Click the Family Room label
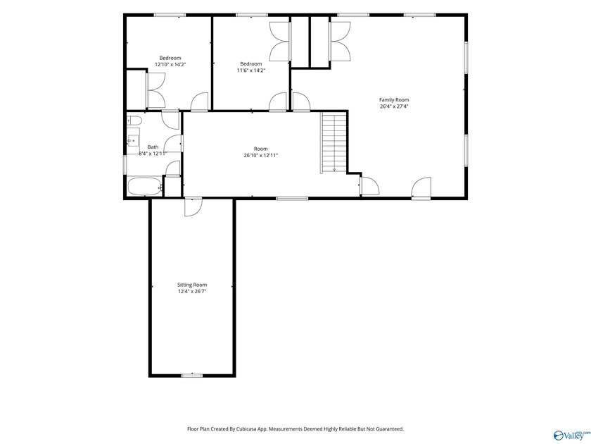click(394, 99)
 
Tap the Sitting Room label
click(192, 285)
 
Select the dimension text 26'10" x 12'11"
click(261, 155)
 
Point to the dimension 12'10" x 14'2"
click(170, 65)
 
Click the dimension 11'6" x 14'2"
click(251, 70)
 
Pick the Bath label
click(153, 147)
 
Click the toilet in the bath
click(134, 121)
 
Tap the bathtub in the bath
click(145, 187)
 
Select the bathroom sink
click(133, 141)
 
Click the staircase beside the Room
click(334, 142)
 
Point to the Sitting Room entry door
click(193, 207)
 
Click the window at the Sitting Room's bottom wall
click(192, 375)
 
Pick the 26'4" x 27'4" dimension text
click(394, 106)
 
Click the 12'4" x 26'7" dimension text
click(192, 292)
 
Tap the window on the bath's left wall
click(125, 165)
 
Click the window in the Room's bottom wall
click(292, 198)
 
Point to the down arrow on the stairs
click(334, 169)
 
